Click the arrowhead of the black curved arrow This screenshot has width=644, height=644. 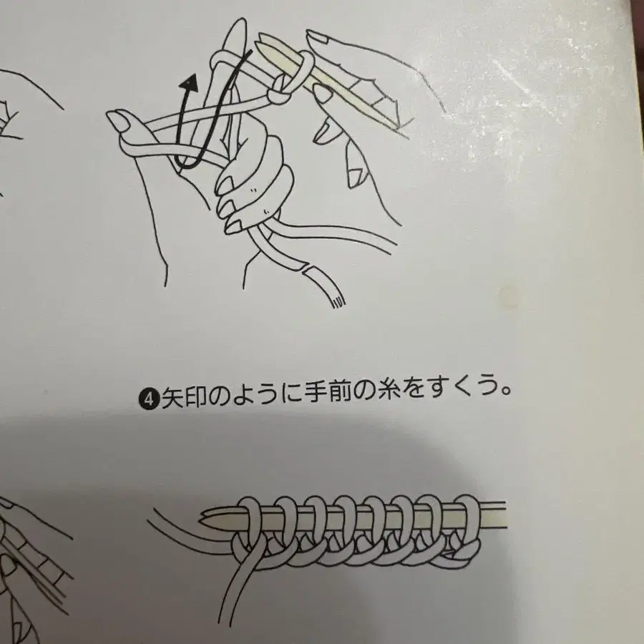coord(188,83)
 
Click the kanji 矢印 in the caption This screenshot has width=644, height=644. coord(184,397)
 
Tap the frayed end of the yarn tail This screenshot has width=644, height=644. coord(337,302)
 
